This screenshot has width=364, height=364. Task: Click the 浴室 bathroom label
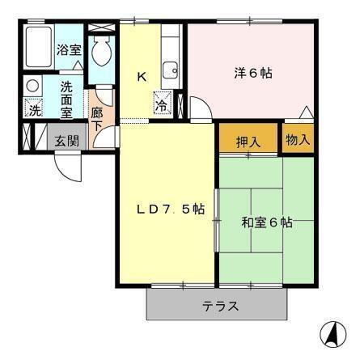click(69, 49)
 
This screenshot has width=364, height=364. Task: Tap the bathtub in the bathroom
click(37, 49)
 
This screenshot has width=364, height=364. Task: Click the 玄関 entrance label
click(66, 139)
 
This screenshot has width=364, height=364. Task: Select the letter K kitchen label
click(141, 78)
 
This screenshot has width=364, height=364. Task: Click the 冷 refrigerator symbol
click(162, 103)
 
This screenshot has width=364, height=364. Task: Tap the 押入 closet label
click(248, 141)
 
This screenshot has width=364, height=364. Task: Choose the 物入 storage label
click(298, 139)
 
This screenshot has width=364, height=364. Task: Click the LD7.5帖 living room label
click(169, 210)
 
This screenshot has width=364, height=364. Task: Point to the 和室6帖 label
click(267, 222)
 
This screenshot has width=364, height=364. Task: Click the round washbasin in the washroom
click(32, 85)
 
